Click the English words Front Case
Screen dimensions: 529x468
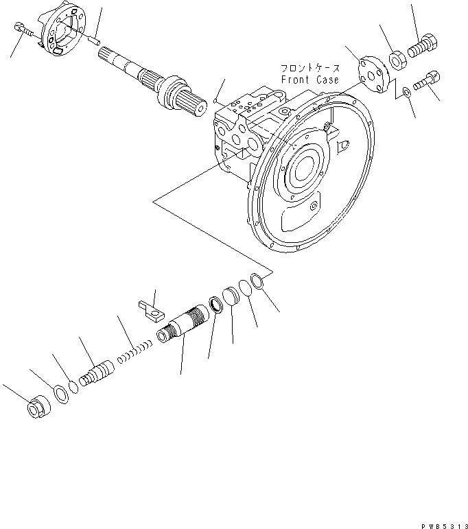(x=309, y=80)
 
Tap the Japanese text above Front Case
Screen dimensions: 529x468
(x=309, y=69)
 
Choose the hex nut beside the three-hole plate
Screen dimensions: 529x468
(x=397, y=60)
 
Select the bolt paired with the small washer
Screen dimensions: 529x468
(x=429, y=81)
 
